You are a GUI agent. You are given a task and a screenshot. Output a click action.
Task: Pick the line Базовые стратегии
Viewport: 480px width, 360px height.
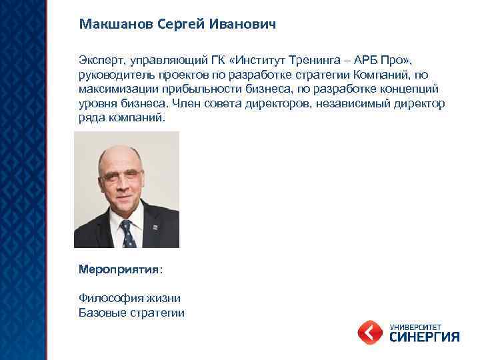(131, 312)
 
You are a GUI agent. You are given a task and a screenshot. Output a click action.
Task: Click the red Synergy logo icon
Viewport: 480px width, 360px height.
(370, 331)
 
